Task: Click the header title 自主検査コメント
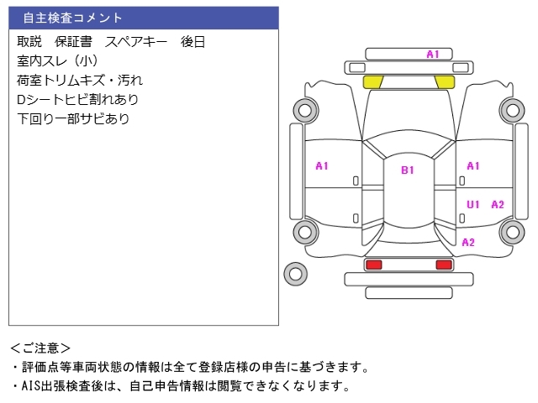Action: (72, 18)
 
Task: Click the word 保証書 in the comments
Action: (73, 42)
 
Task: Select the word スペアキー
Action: (136, 42)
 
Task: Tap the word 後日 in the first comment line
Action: (193, 42)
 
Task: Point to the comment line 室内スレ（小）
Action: (58, 61)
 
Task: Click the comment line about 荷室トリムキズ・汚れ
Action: (80, 81)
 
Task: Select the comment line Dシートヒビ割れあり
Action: (77, 99)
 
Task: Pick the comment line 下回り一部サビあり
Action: (73, 118)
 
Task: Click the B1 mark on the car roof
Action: (408, 170)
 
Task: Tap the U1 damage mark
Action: (472, 205)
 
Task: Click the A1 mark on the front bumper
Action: (433, 54)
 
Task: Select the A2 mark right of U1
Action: (498, 205)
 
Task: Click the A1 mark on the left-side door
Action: (322, 166)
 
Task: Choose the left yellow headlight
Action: (372, 82)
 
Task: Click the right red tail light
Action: (444, 264)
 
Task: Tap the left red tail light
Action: (374, 264)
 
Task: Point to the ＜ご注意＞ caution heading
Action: (40, 348)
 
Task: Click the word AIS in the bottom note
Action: (30, 386)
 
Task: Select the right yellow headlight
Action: (445, 82)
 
